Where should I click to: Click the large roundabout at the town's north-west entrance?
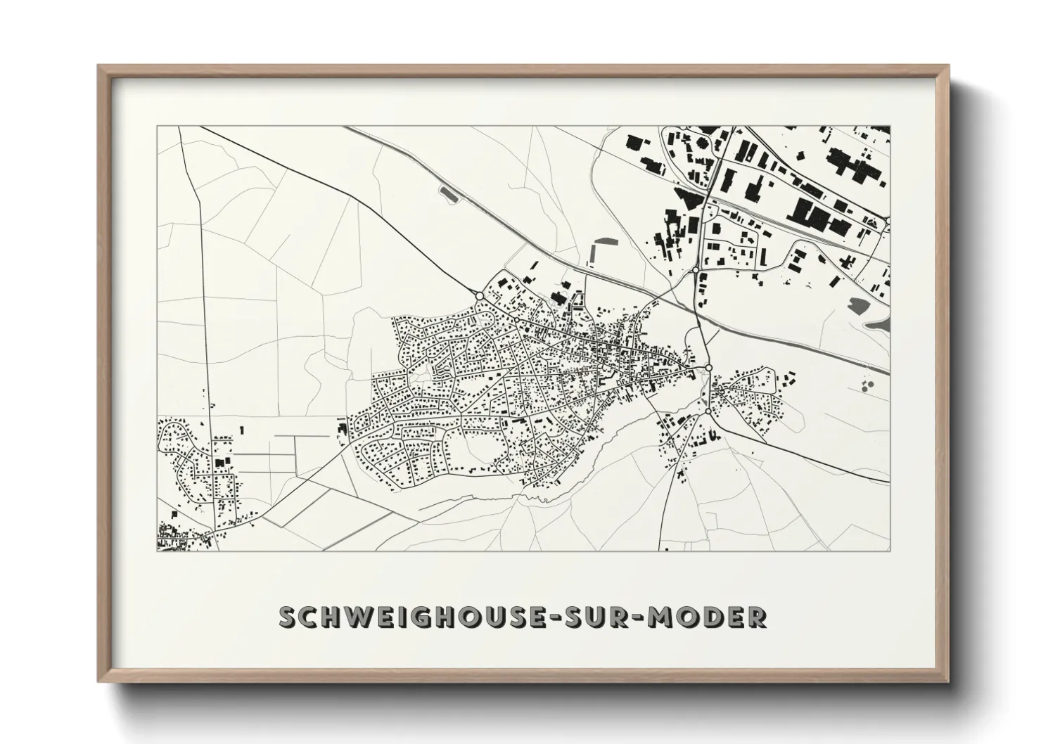point(479,296)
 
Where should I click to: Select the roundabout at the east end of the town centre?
point(709,368)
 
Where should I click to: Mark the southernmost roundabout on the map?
point(708,411)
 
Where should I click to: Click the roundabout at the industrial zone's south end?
point(695,270)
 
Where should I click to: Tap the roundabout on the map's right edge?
point(888,221)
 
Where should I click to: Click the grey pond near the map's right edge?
point(859,305)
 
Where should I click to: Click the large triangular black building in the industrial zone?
point(689,196)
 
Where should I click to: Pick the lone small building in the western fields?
point(242,428)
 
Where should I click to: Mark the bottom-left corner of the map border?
point(158,551)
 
